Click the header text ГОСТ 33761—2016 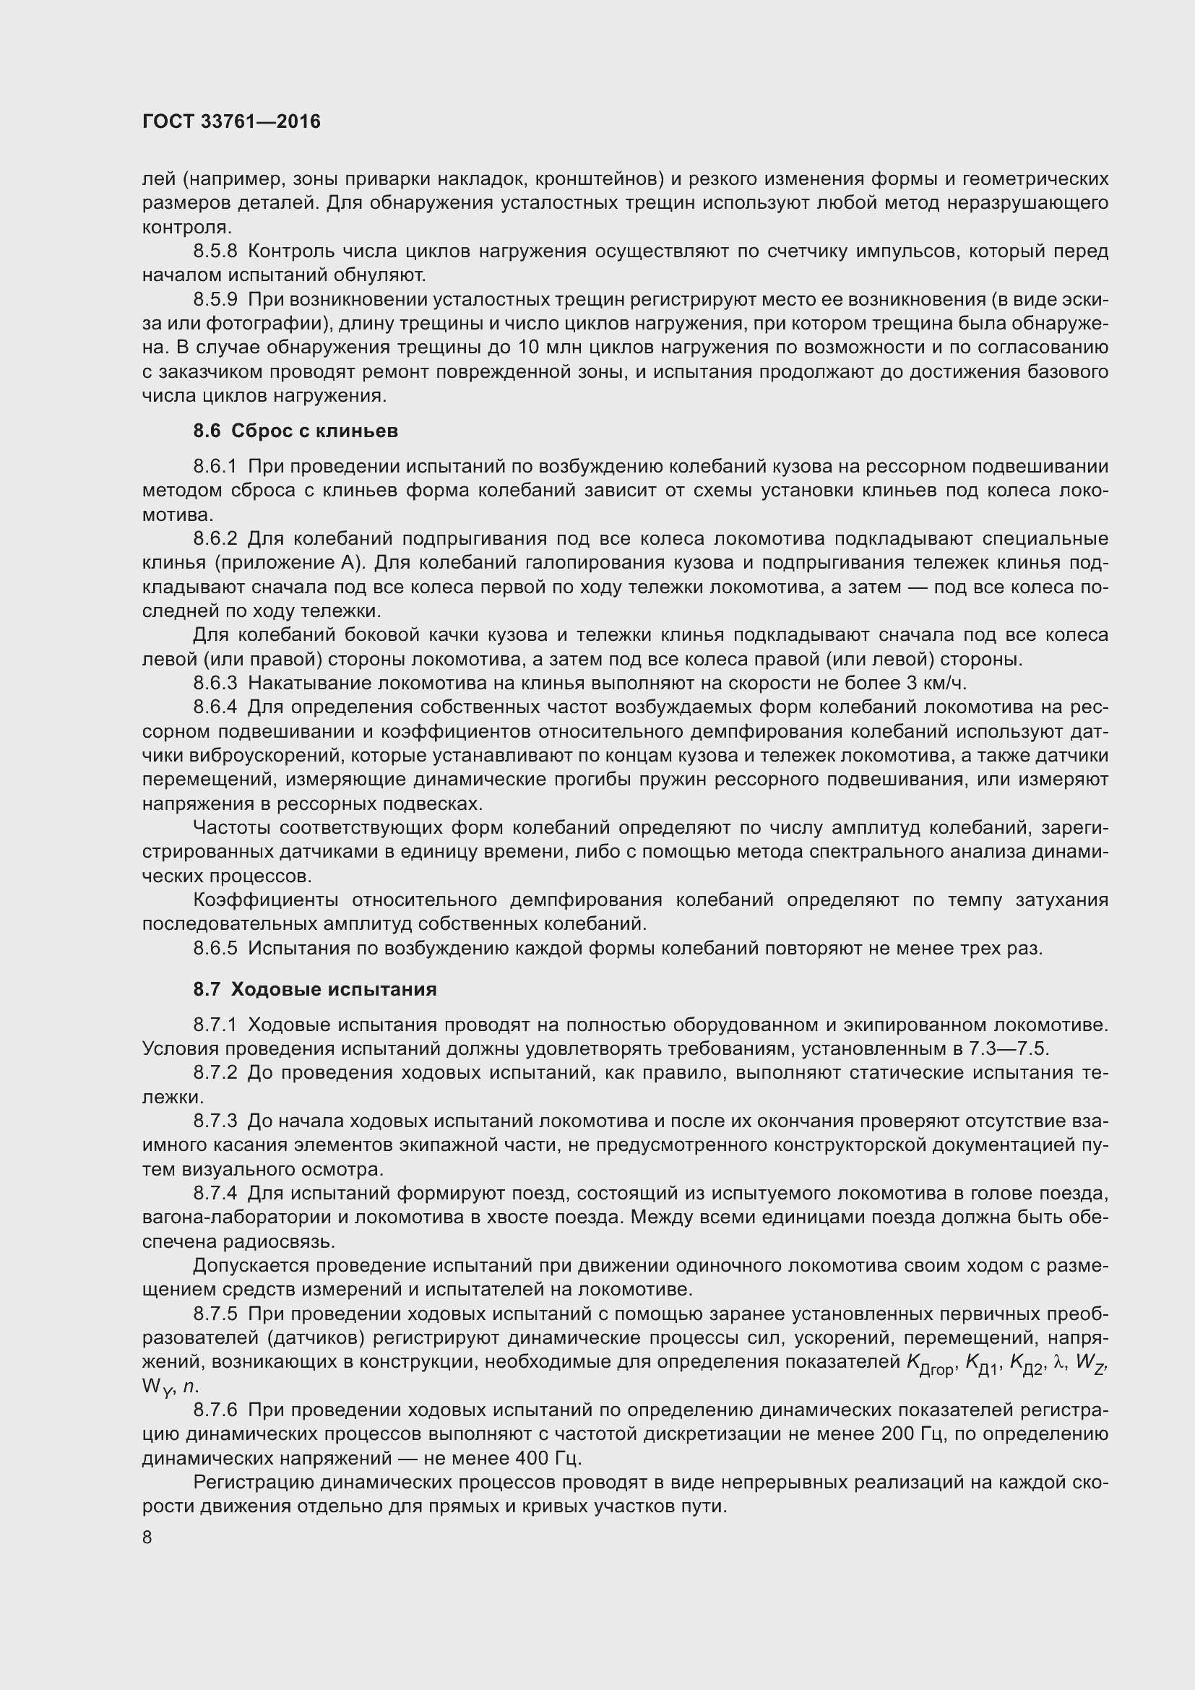231,121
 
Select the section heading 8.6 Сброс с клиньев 295,431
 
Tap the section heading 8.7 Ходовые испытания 315,989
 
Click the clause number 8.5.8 215,251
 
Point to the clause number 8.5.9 215,300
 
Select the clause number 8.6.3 215,683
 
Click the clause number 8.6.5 215,948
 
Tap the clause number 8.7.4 215,1193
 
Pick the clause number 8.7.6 215,1410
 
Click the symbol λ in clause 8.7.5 1060,1362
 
